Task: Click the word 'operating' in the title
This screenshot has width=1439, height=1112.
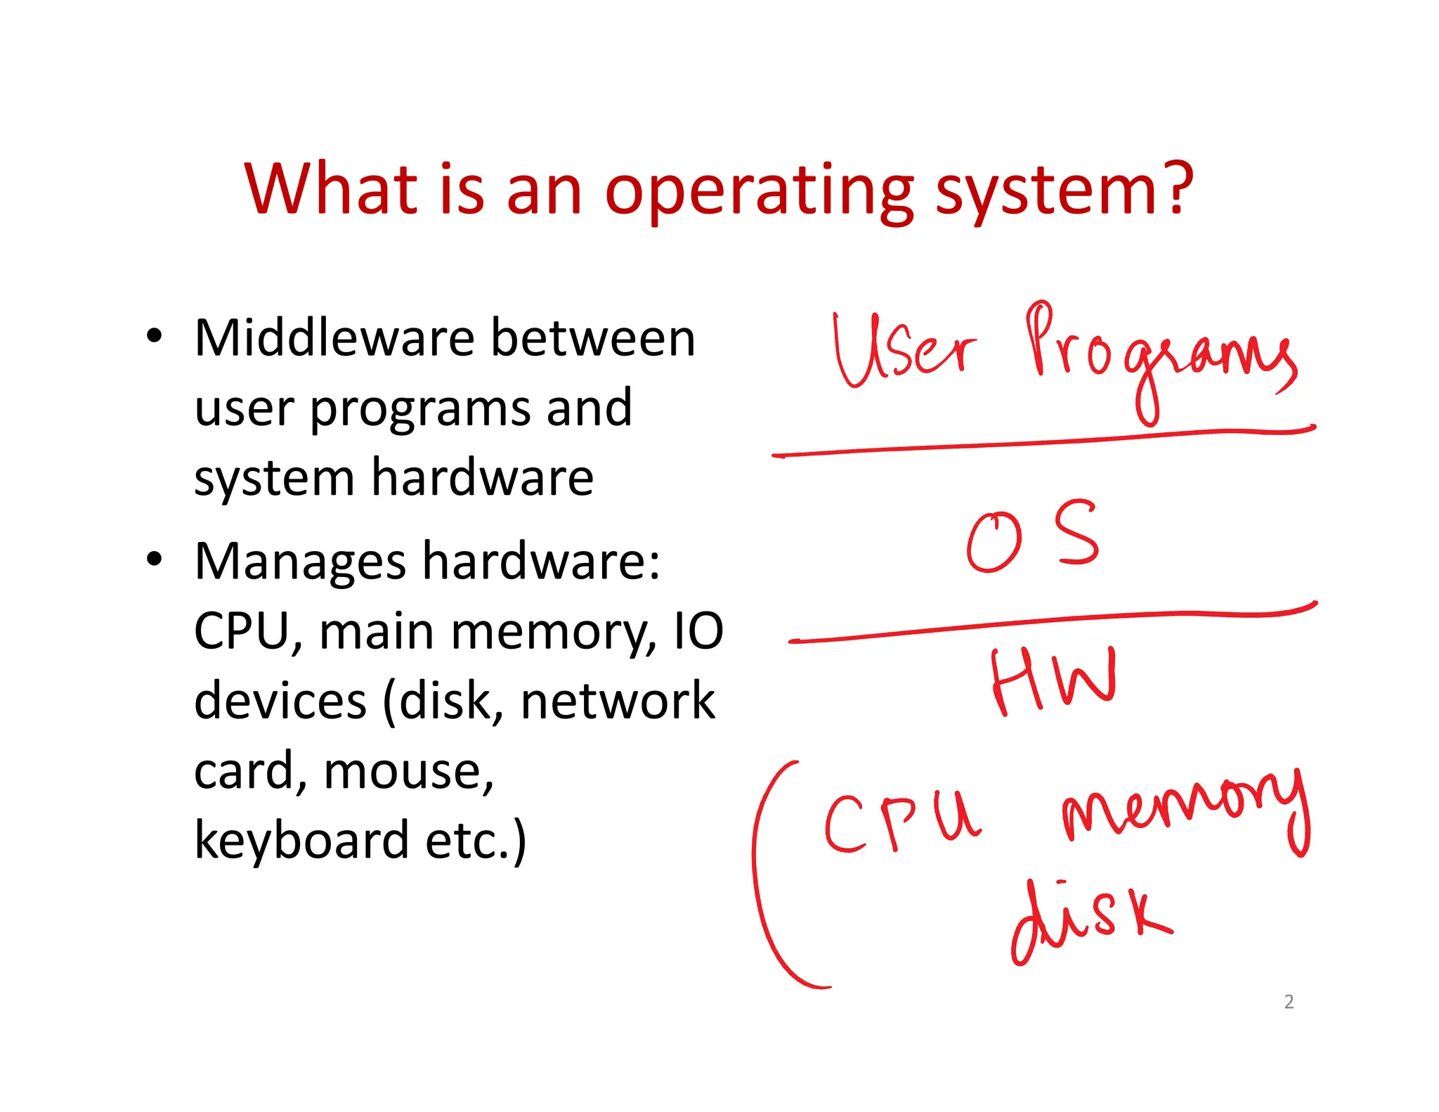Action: (759, 191)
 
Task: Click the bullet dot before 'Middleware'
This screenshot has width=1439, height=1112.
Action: (155, 336)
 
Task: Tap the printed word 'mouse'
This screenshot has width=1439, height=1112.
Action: (408, 771)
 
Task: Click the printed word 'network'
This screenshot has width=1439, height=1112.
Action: (617, 701)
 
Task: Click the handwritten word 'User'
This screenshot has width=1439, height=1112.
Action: (903, 350)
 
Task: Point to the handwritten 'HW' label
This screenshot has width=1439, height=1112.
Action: (1052, 680)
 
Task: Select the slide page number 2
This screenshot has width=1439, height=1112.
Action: (1288, 1002)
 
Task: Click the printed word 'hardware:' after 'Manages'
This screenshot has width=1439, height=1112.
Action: (541, 562)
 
